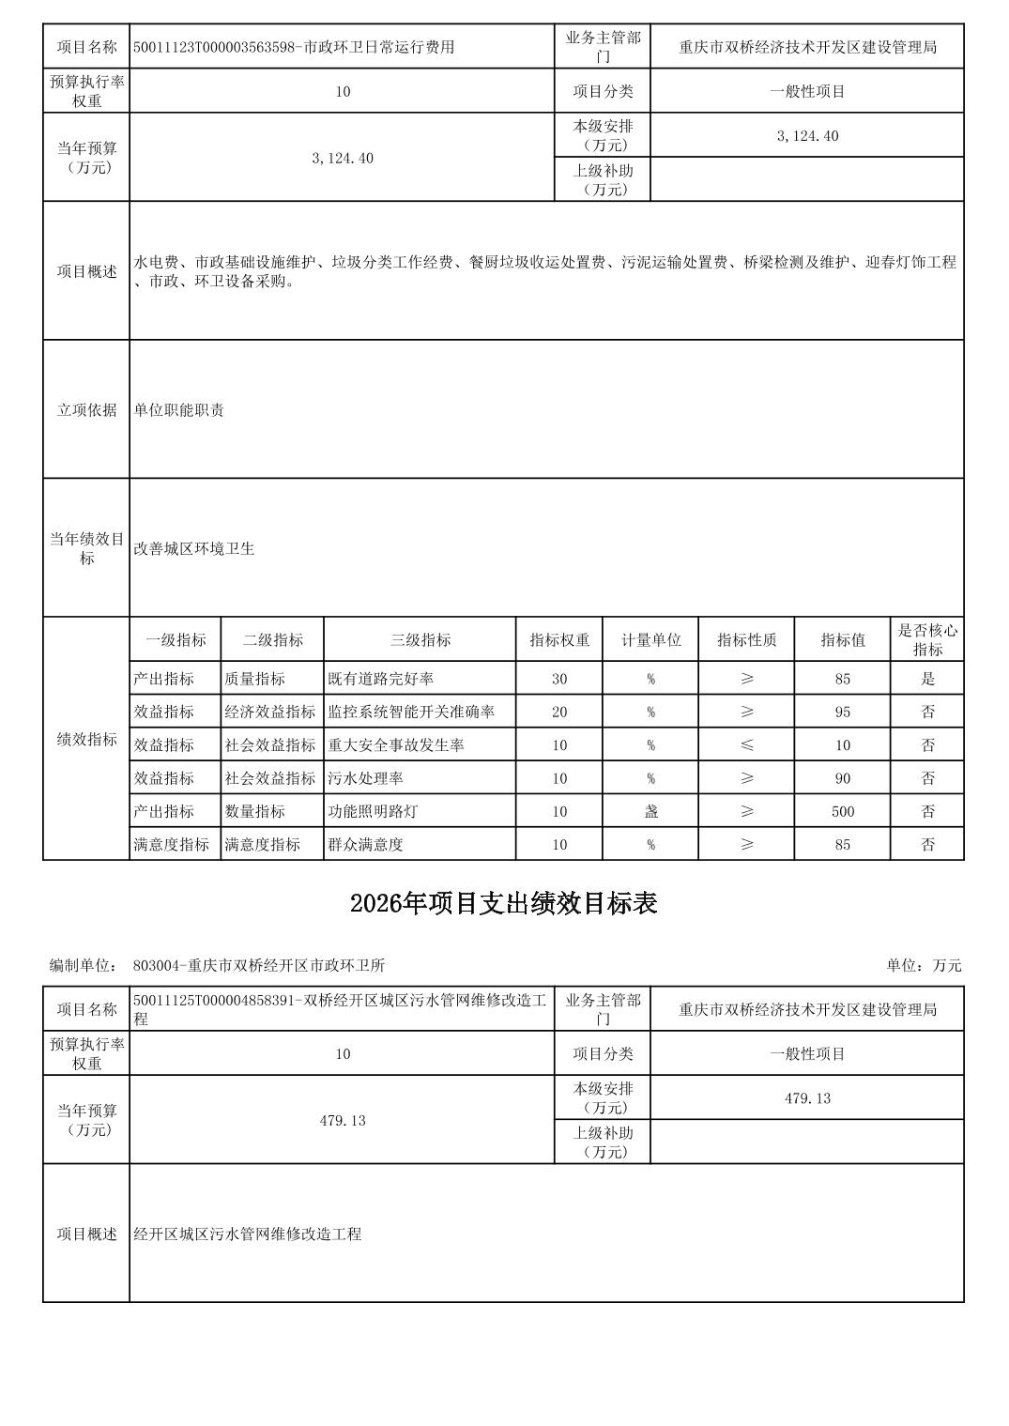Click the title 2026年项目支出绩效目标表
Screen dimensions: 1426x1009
click(x=503, y=903)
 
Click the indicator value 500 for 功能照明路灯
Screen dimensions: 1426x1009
click(x=842, y=811)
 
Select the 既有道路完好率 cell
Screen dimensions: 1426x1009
click(x=379, y=679)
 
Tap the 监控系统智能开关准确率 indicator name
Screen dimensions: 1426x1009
click(x=410, y=712)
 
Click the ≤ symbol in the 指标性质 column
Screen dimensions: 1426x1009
click(x=746, y=745)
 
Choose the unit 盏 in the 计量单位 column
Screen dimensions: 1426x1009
click(x=650, y=811)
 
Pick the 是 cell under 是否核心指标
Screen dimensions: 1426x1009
click(x=927, y=679)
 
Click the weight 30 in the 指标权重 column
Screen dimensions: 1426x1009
click(x=559, y=679)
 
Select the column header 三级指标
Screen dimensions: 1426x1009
click(x=420, y=640)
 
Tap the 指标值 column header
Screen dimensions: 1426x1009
click(x=842, y=640)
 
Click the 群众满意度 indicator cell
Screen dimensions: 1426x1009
click(x=365, y=844)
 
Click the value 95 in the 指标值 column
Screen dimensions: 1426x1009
click(x=842, y=712)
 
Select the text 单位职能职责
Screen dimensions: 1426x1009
click(x=178, y=410)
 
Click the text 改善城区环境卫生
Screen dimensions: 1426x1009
click(x=193, y=548)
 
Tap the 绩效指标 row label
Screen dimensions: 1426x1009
click(x=86, y=739)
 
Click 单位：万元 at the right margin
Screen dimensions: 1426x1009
click(x=924, y=965)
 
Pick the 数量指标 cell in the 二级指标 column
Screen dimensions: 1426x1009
click(x=254, y=811)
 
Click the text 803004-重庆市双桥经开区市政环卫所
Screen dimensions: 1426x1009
click(x=259, y=965)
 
